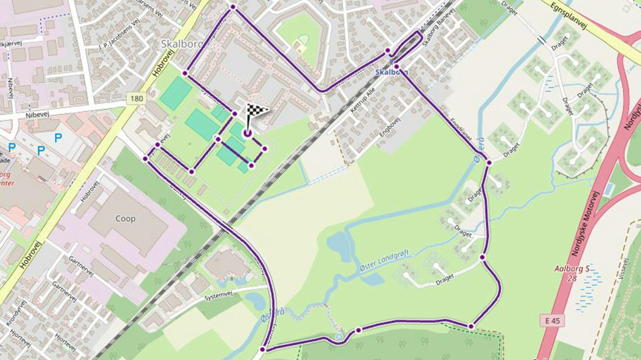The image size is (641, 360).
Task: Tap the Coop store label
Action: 125,219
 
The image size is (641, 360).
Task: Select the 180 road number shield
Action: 136,99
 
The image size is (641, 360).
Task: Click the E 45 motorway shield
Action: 552,320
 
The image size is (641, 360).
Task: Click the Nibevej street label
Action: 37,115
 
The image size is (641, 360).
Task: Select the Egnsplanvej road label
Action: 569,17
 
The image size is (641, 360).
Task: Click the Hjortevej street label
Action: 65,342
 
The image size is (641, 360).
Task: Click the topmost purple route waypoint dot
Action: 233,7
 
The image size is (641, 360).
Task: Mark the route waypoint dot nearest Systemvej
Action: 263,349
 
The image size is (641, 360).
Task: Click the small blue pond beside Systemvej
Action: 255,301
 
